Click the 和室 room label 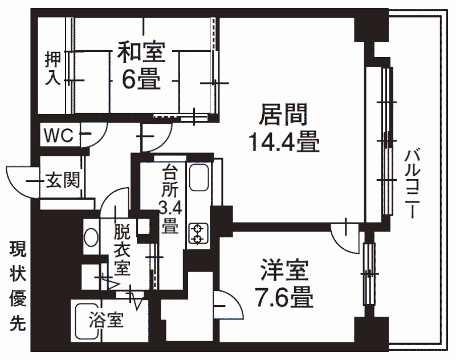coord(141,52)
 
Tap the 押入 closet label coord(53,68)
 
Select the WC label coord(59,135)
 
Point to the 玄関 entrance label coord(63,180)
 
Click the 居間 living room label coord(283,114)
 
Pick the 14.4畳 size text coord(284,141)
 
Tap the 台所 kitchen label coord(169,181)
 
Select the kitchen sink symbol coord(198,178)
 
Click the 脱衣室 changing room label coord(122,249)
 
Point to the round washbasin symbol coord(91,237)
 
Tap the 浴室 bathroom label coord(106,319)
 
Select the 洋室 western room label coord(284,269)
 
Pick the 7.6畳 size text coord(284,297)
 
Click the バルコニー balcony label coord(412,184)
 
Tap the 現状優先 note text coord(18,286)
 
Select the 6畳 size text coord(141,79)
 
